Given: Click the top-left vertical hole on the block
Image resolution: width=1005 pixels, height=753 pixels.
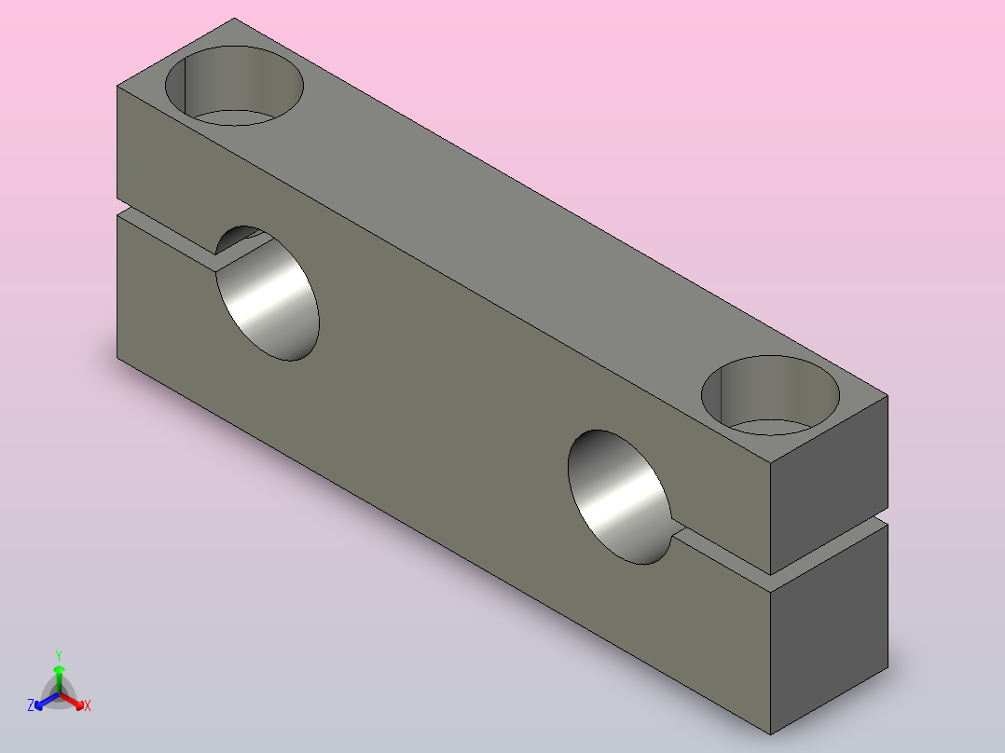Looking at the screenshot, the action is tap(234, 85).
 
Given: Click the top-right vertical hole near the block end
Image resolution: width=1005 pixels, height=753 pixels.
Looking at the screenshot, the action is tap(770, 395).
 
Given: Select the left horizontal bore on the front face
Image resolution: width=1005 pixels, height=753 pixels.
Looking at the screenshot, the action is tap(268, 294).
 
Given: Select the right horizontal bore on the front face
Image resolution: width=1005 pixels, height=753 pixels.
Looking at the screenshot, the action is tap(620, 498).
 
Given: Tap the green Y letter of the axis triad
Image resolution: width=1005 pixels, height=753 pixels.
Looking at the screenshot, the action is tap(59, 655).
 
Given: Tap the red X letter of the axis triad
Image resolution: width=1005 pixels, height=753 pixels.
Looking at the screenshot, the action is tap(88, 705).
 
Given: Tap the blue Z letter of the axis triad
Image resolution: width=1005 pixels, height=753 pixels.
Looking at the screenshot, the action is tap(31, 705).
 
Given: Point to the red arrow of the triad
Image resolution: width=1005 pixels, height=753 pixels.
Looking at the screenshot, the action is tap(72, 701).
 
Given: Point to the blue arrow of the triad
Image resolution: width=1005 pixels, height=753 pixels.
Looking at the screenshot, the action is tap(47, 701).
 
